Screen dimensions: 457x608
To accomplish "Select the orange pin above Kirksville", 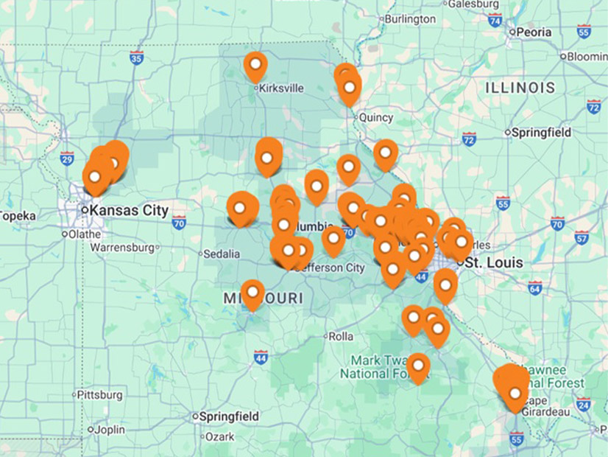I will click(255, 66).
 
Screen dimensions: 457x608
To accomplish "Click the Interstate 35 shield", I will click(136, 57).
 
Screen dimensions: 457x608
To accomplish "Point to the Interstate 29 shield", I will click(67, 158).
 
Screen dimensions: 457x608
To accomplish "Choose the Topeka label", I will click(16, 216).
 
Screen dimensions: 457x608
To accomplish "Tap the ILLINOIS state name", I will click(520, 88).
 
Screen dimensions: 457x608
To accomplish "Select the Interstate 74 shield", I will click(495, 20).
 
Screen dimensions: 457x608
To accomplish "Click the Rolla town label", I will click(340, 336).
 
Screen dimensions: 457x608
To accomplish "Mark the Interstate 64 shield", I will click(535, 287).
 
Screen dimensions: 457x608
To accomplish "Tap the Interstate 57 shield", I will click(582, 237).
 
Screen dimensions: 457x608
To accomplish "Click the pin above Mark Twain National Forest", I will click(418, 366).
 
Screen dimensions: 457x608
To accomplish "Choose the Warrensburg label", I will click(123, 248).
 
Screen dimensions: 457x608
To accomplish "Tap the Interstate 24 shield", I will click(584, 404).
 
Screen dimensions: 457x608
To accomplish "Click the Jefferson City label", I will click(329, 268).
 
